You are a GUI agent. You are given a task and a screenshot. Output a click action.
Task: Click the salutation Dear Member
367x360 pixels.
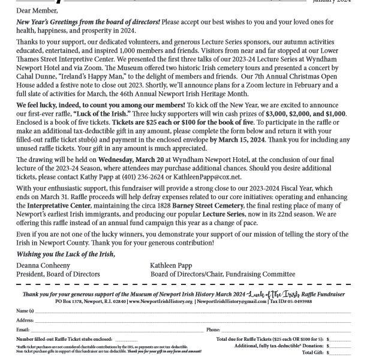(34, 10)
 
